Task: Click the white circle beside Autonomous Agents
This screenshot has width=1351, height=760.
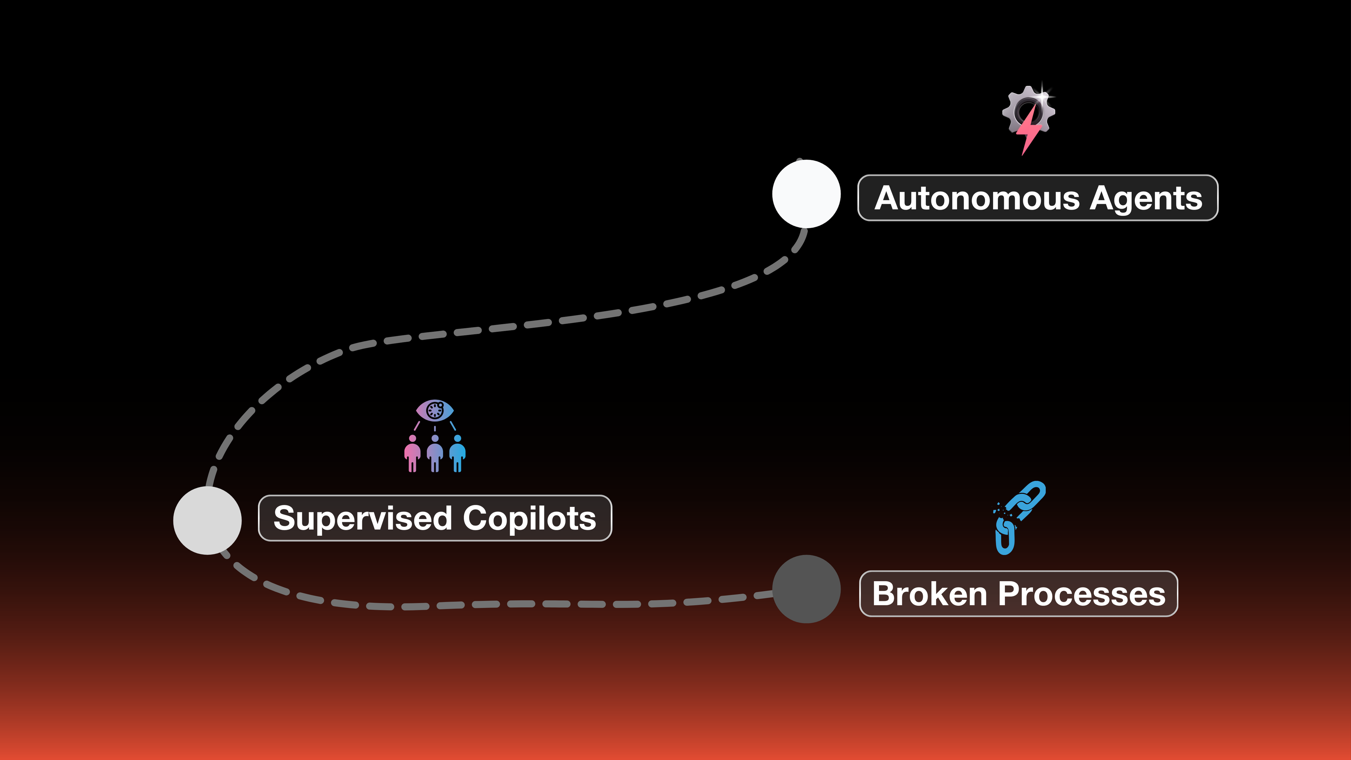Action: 806,194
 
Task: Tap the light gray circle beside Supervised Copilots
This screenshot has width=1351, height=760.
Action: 207,520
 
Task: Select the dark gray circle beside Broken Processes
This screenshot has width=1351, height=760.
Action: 806,589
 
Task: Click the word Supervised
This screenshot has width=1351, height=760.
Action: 362,518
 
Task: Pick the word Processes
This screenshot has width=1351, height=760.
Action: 1081,594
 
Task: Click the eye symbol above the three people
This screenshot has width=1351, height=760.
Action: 435,410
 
